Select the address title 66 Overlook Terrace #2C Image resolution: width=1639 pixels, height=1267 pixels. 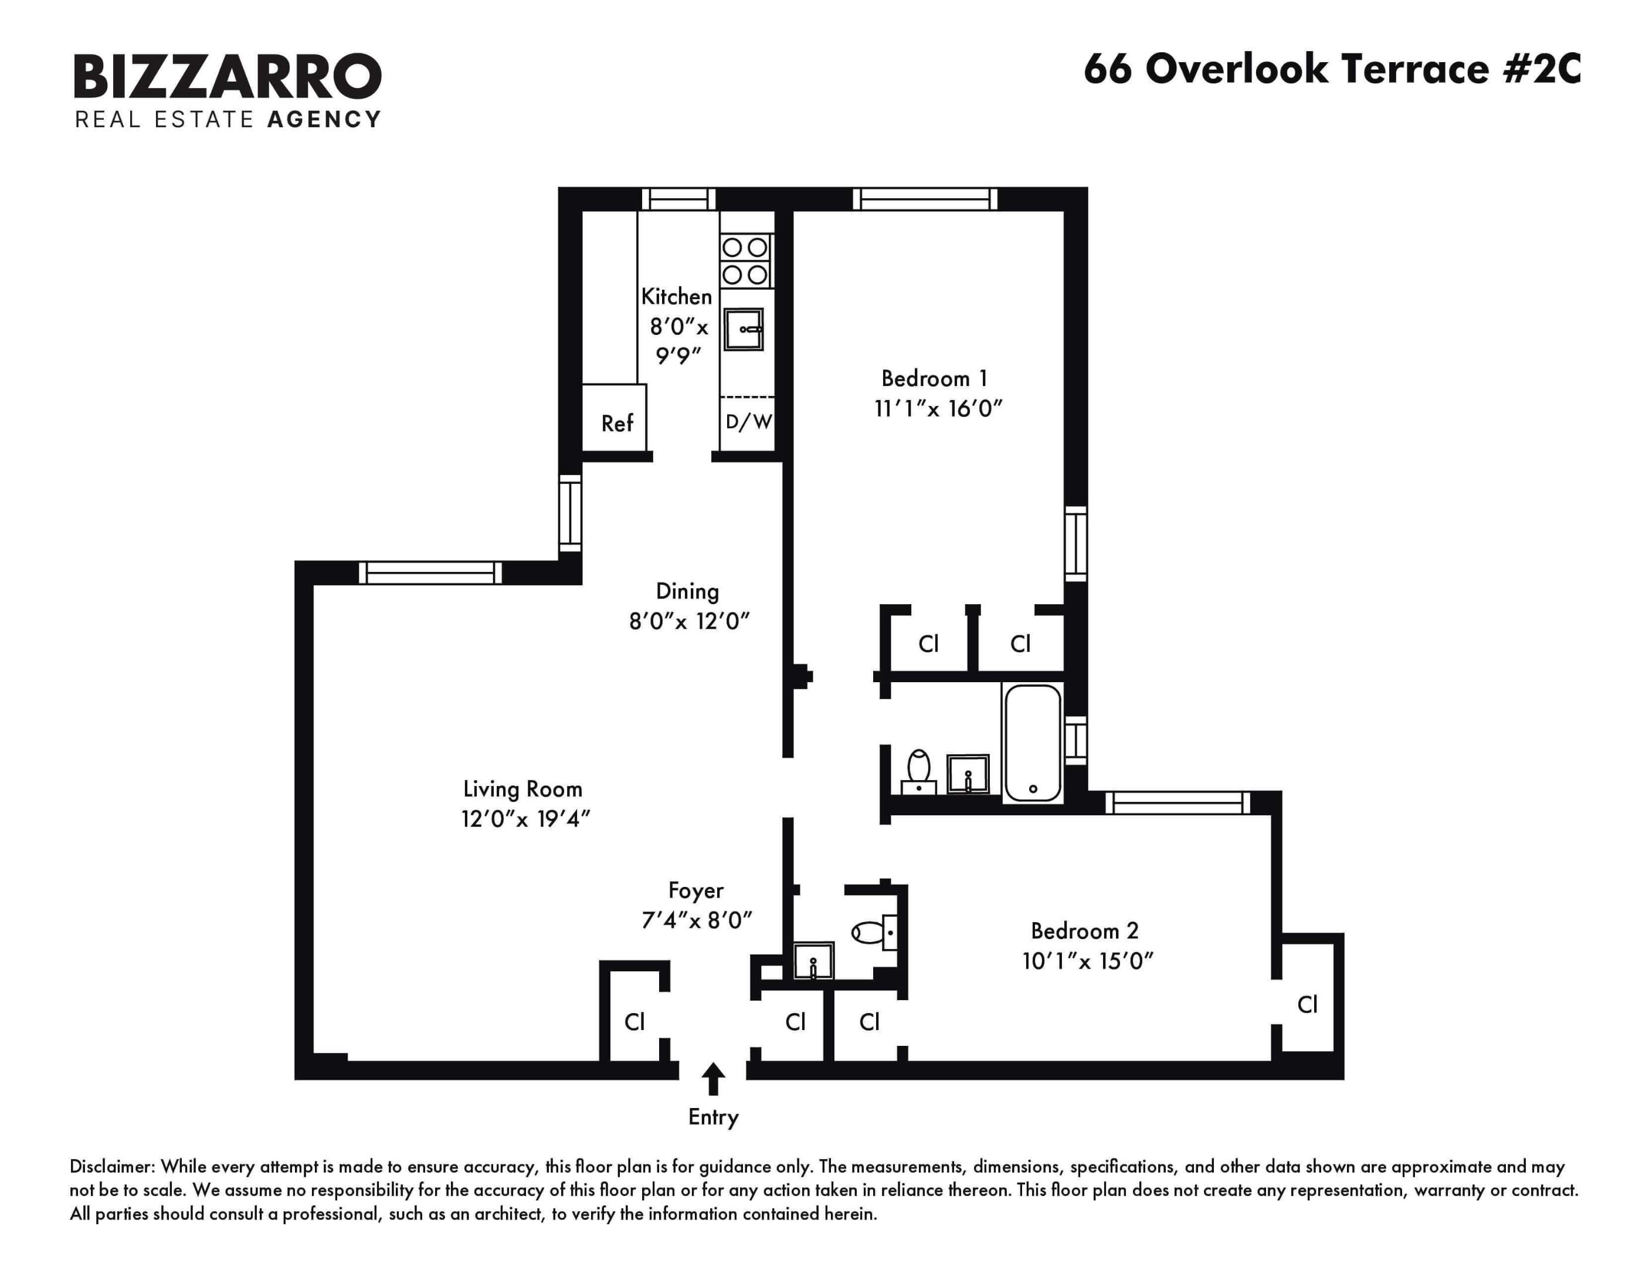tap(1332, 69)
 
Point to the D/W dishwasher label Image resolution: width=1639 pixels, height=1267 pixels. tap(748, 422)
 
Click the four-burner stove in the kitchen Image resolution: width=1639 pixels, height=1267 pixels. tap(745, 260)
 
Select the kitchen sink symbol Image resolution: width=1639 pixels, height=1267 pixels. tap(744, 330)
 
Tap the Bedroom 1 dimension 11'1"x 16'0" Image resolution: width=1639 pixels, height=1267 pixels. tap(938, 409)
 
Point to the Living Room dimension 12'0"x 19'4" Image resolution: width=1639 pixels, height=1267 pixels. tap(525, 819)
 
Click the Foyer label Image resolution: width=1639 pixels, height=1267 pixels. tap(695, 891)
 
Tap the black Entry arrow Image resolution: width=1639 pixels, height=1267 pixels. tap(713, 1079)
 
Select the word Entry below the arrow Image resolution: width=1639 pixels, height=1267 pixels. tap(713, 1117)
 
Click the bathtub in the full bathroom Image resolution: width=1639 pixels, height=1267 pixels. tap(1033, 743)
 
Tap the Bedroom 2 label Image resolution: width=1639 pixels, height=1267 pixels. tap(1084, 931)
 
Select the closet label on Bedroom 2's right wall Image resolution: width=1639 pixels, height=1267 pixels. tap(1307, 1004)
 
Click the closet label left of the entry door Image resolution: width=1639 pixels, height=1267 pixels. tap(634, 1022)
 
